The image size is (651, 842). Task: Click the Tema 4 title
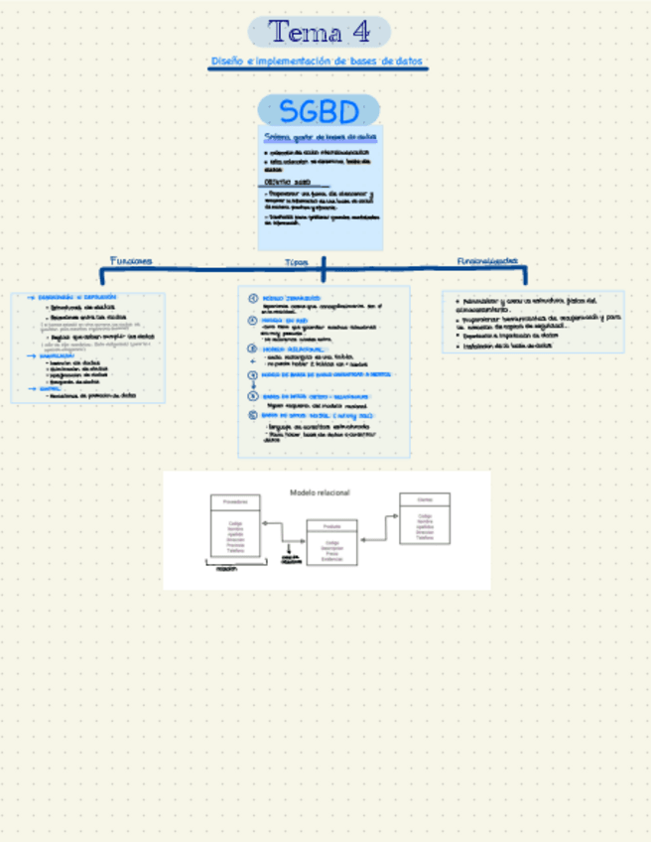click(319, 32)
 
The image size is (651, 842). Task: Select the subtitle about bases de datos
click(319, 62)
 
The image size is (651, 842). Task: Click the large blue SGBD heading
click(319, 110)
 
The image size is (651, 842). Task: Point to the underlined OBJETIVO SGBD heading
click(289, 183)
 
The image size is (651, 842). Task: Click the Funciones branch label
click(131, 261)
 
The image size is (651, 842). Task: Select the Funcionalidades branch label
click(487, 260)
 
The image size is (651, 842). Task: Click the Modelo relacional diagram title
click(320, 492)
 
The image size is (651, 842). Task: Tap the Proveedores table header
click(235, 502)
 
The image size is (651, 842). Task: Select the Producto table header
click(331, 526)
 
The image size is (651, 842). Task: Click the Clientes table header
click(425, 499)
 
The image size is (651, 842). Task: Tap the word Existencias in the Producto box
click(331, 560)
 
